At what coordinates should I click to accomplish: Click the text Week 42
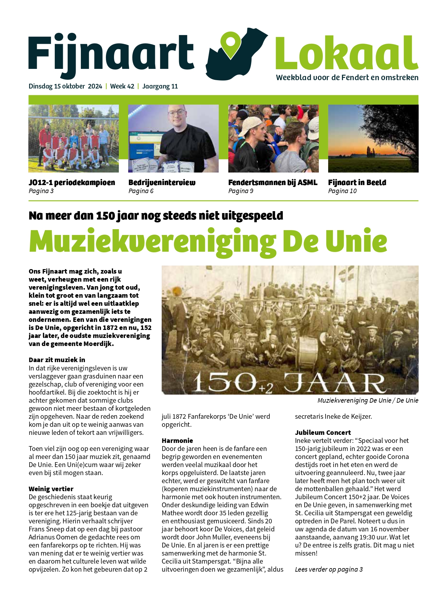point(122,86)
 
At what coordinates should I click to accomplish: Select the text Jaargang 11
point(160,86)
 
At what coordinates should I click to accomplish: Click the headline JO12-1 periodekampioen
point(72,183)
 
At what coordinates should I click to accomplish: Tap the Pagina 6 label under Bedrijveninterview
point(141,191)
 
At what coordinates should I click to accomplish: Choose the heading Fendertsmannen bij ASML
point(272,183)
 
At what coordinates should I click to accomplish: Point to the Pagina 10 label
point(342,191)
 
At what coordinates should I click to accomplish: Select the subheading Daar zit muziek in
point(57,360)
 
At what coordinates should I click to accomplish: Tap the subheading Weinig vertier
point(51,489)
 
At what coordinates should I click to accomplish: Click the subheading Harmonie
point(177,441)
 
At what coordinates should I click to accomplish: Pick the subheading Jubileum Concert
point(323,433)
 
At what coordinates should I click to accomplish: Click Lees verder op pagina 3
point(328,569)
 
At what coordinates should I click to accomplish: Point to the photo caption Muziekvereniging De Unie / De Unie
point(367,400)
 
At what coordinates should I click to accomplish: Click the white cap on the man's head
point(249,124)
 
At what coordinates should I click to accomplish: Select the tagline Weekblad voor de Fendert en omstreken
point(347,78)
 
